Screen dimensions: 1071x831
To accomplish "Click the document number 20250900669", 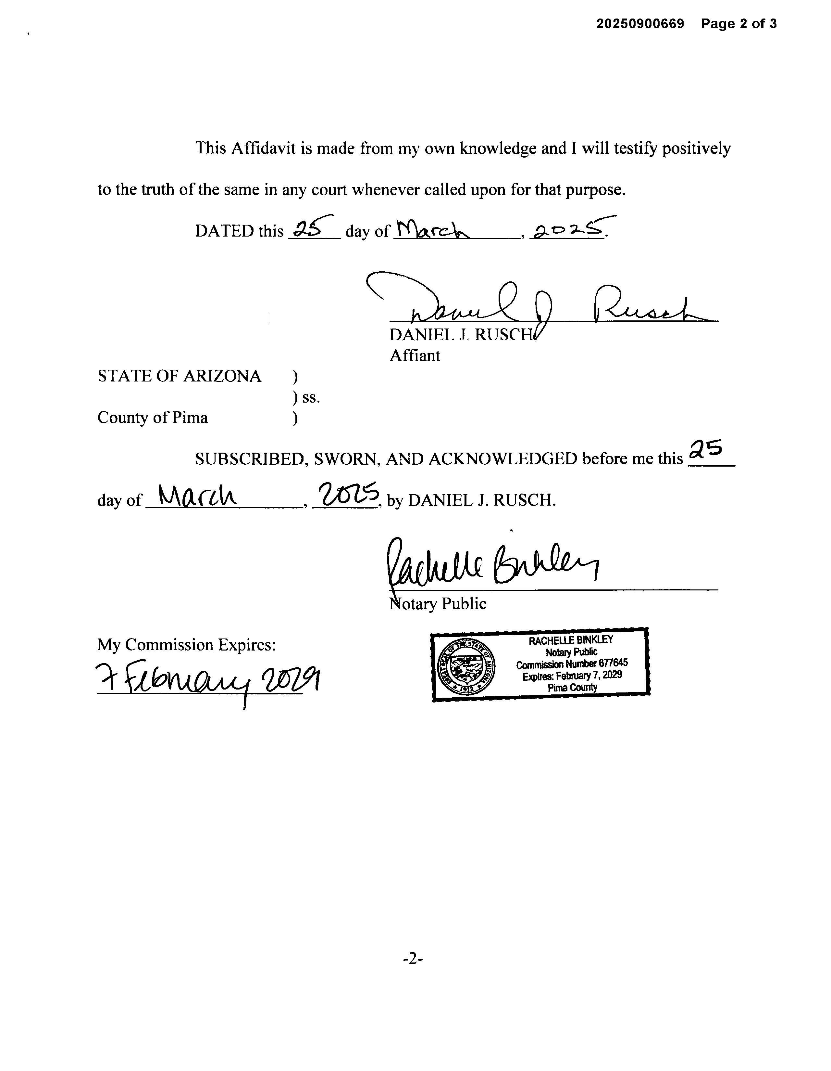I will point(639,23).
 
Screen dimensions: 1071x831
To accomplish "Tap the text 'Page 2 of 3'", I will point(738,23).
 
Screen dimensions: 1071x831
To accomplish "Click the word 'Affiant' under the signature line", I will point(415,355).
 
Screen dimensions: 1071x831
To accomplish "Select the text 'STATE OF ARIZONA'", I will point(179,376).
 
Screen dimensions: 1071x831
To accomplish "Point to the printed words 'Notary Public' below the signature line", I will point(438,604).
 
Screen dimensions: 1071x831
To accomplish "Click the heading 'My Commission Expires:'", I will point(186,644).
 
